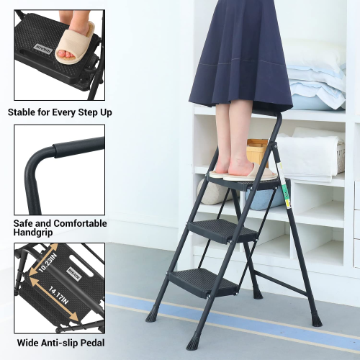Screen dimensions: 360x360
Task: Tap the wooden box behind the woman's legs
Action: coord(257,152)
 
